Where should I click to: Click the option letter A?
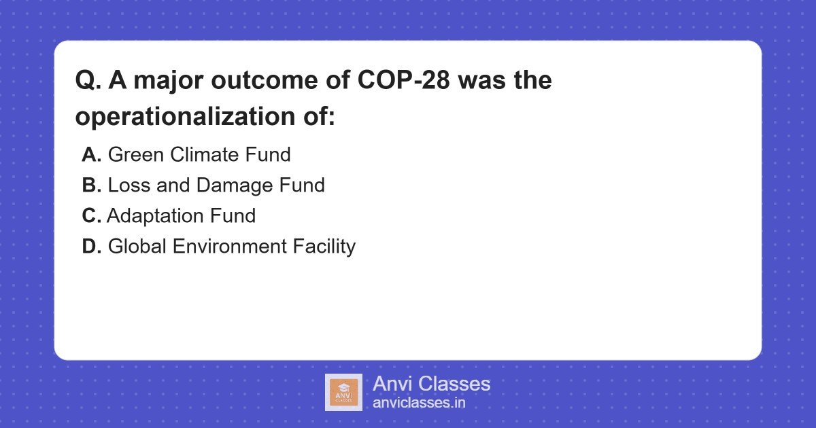pyautogui.click(x=91, y=155)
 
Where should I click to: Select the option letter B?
pyautogui.click(x=91, y=185)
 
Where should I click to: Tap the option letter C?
pyautogui.click(x=91, y=216)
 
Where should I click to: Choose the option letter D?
pyautogui.click(x=91, y=247)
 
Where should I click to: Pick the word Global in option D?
pyautogui.click(x=137, y=247)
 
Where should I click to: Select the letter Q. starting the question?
pyautogui.click(x=88, y=81)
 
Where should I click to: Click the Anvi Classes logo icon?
pyautogui.click(x=343, y=392)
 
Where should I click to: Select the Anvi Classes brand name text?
pyautogui.click(x=431, y=384)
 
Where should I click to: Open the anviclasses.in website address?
pyautogui.click(x=419, y=403)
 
